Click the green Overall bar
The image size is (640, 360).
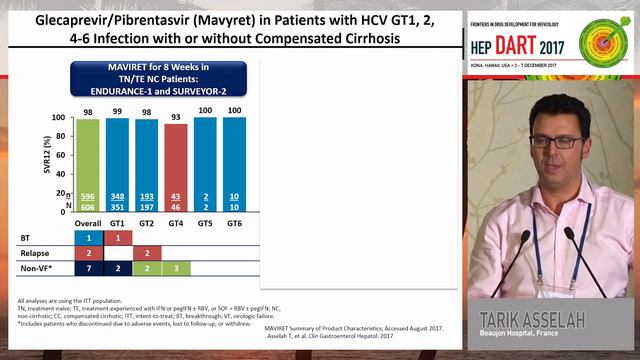(88, 160)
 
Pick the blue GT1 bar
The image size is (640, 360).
(117, 160)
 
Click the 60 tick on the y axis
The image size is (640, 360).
(59, 155)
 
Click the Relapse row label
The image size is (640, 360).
(33, 253)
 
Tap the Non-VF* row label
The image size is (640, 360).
(35, 269)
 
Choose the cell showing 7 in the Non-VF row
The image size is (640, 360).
(88, 269)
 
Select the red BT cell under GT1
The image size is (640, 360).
(117, 237)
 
